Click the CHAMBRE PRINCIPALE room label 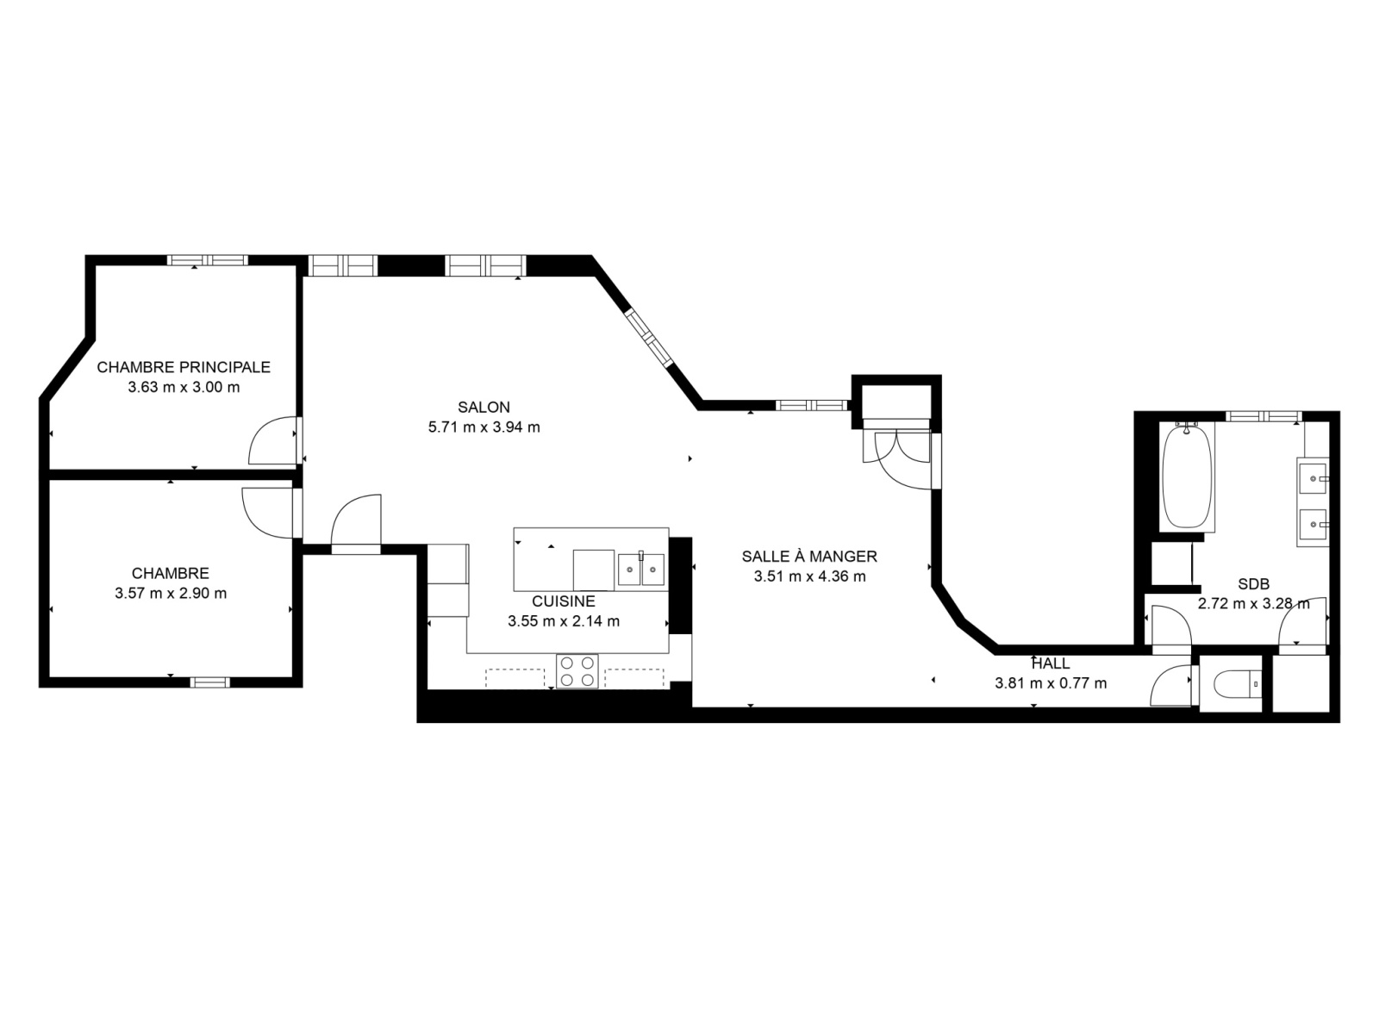tap(184, 367)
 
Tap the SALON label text tap(484, 408)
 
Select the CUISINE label tap(564, 601)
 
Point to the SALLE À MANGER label tap(809, 557)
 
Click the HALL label tap(1051, 663)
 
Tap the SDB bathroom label tap(1253, 584)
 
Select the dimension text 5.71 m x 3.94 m tap(484, 427)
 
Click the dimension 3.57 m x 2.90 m tap(171, 594)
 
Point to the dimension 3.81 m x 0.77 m tap(1051, 683)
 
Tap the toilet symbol tap(1237, 684)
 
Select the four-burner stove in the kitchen tap(577, 671)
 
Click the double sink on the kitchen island tap(641, 570)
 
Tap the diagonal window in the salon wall tap(648, 338)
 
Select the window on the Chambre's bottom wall tap(209, 682)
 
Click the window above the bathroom tap(1264, 415)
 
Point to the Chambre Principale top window tap(208, 260)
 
